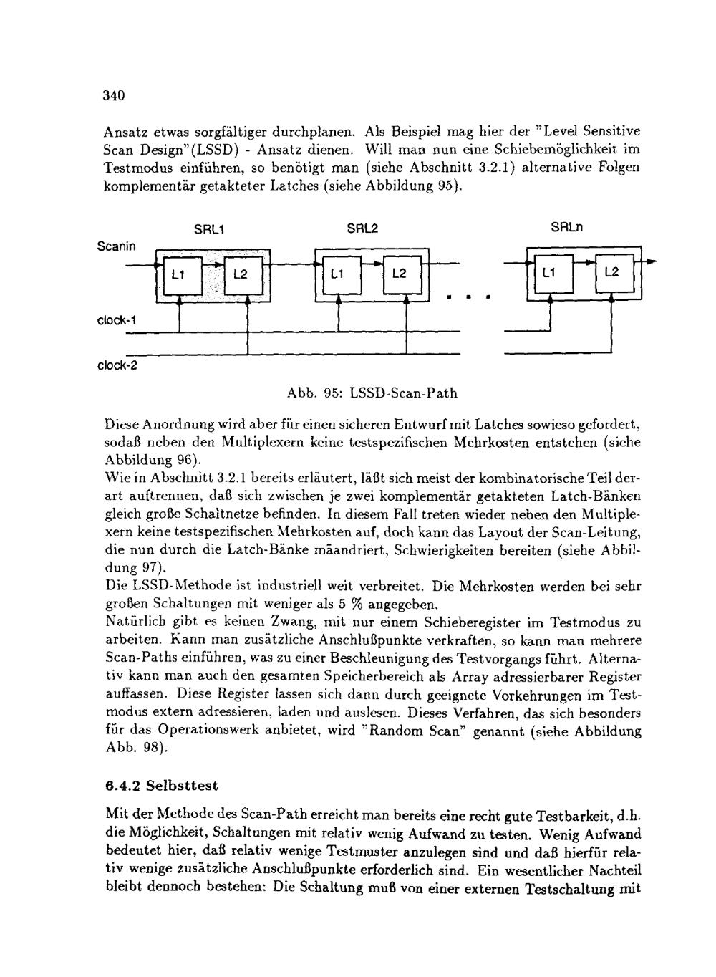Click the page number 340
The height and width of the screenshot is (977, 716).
[115, 95]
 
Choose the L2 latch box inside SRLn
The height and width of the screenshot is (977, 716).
[612, 273]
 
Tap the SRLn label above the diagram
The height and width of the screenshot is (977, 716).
[567, 228]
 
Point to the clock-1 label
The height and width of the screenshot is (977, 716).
[117, 320]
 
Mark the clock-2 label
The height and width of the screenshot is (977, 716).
[117, 365]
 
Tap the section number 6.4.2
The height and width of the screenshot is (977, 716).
[122, 786]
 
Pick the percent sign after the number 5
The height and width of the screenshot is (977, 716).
[354, 604]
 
